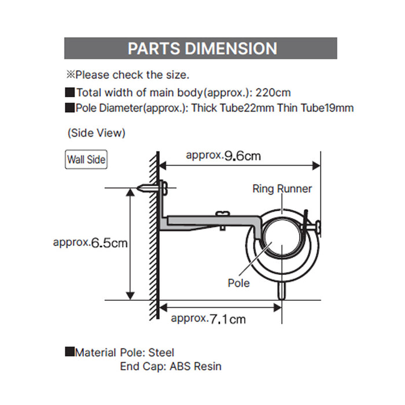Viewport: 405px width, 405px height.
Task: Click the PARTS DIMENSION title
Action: pos(202,48)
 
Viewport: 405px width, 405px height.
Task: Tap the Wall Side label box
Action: pos(86,159)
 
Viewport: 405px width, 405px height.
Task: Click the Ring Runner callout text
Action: pos(282,189)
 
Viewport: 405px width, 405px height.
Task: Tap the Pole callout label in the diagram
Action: pos(239,283)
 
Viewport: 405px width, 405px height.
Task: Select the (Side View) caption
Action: pos(96,133)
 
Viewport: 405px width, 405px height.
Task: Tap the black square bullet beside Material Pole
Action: pos(70,352)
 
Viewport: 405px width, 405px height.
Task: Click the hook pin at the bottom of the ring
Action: pos(282,289)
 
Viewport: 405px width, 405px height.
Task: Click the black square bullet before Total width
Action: pos(70,92)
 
